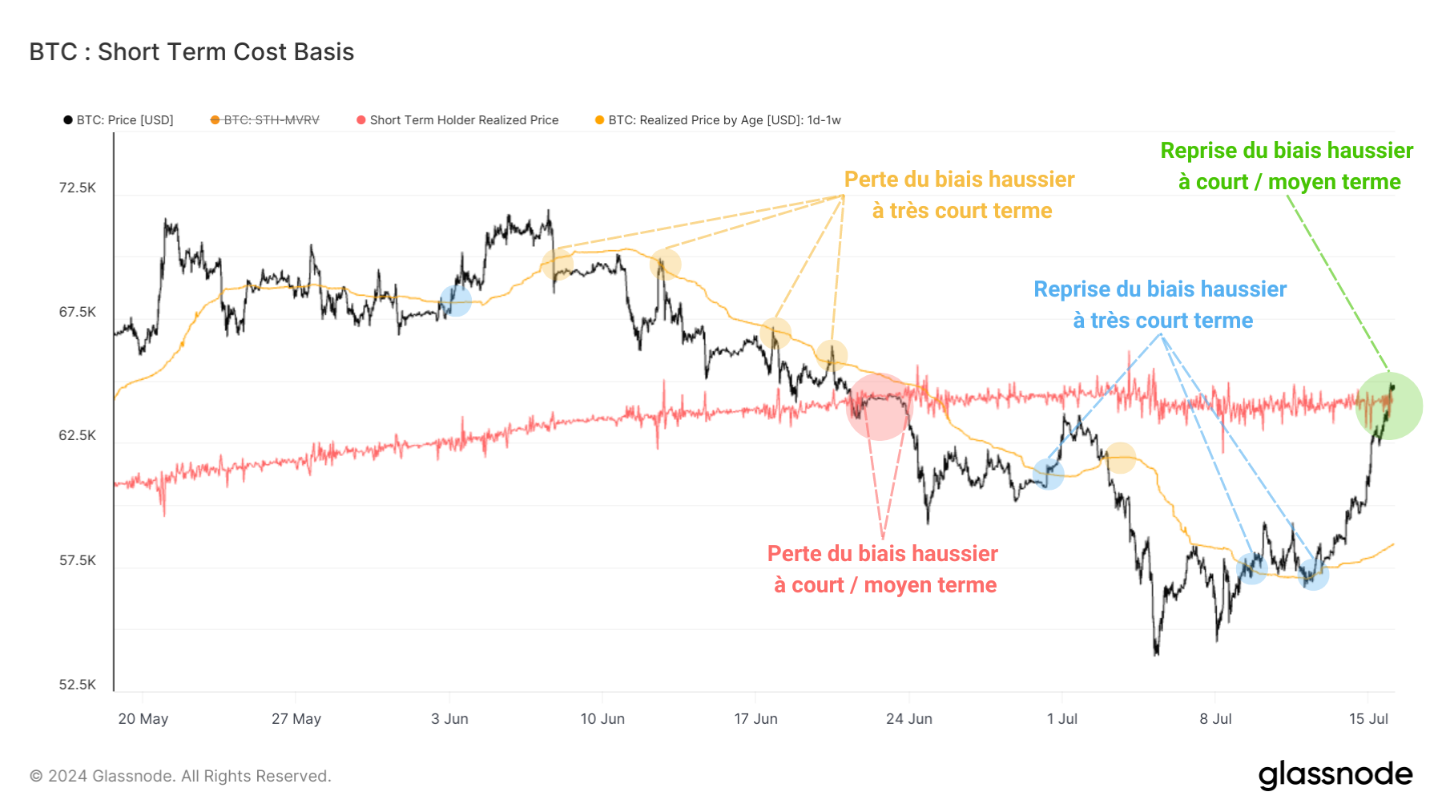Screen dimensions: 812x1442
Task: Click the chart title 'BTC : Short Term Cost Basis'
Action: point(191,52)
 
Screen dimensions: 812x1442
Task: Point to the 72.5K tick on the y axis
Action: point(77,188)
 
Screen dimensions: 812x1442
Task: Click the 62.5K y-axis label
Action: point(77,435)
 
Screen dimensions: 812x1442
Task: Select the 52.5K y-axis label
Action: point(77,685)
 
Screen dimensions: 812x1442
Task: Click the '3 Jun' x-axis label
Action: point(449,719)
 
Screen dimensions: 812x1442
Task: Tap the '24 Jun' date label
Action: point(908,719)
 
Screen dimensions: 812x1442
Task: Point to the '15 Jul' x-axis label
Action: point(1368,719)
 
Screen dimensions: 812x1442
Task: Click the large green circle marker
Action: point(1388,406)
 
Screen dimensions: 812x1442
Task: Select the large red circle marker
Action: point(880,406)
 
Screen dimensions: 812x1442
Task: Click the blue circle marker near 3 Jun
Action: point(455,301)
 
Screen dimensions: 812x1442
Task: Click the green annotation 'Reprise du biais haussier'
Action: point(1287,151)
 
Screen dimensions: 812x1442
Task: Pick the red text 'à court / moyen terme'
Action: point(884,585)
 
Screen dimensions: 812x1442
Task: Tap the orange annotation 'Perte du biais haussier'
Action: point(959,180)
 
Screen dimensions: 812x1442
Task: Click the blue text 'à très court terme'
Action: point(1162,321)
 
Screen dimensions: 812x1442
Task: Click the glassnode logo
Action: point(1335,775)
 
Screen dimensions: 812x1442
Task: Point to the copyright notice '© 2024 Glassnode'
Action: point(180,776)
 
